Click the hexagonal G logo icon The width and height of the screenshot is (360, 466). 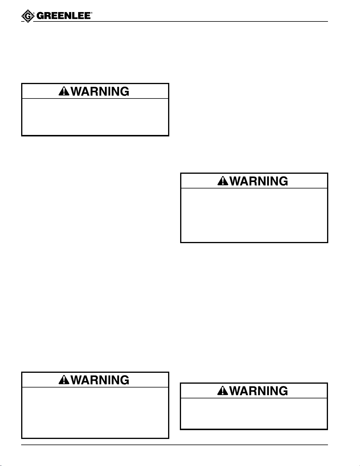tap(27, 17)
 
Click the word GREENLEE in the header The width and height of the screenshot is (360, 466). tap(63, 16)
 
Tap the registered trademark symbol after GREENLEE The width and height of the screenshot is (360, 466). tap(92, 14)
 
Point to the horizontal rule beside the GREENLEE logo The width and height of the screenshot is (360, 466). tap(206, 21)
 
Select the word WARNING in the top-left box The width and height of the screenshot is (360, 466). tap(100, 91)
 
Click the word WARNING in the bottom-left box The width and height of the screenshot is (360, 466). tap(100, 380)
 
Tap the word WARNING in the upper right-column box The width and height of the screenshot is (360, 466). tap(259, 181)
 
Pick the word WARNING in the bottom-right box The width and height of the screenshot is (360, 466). tap(259, 391)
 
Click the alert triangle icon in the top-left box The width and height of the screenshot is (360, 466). tap(64, 92)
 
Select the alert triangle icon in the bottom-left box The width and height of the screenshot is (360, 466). tap(64, 380)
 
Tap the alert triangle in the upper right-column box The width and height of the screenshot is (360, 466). tap(223, 181)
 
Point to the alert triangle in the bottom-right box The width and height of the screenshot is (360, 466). tap(223, 391)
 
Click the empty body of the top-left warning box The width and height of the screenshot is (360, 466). tap(95, 117)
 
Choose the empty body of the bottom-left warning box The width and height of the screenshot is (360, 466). tap(95, 412)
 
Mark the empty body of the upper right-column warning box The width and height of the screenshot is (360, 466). tap(254, 215)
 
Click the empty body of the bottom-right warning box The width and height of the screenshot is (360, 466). tap(254, 413)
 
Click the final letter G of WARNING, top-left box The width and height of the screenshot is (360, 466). tap(125, 91)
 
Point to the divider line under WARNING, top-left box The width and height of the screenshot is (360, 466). tap(95, 98)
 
